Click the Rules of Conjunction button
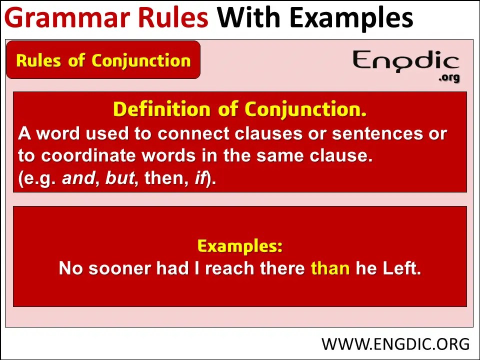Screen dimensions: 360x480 coord(103,60)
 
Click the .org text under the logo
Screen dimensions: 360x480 coord(448,78)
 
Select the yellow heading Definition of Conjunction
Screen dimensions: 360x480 coord(239,109)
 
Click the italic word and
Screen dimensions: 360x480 coord(77,178)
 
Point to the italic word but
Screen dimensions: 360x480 coord(120,178)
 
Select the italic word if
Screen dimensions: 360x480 coord(200,178)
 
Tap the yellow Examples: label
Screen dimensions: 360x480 coord(240,246)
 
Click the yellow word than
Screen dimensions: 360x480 coord(330,268)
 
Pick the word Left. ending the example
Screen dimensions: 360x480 coord(401,268)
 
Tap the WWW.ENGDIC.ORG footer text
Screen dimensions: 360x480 coord(395,344)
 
